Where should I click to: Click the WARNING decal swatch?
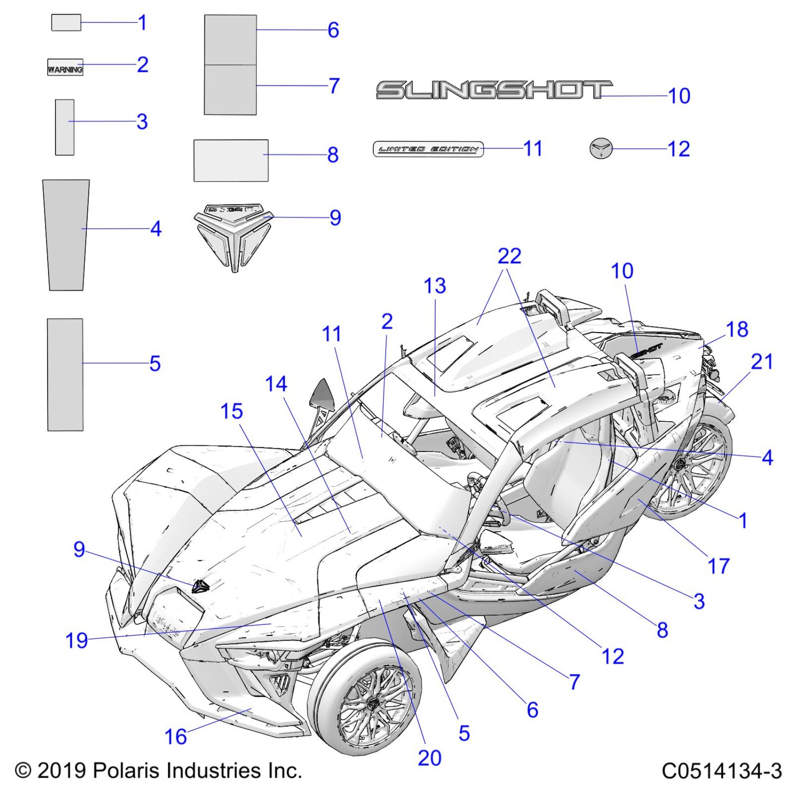(65, 67)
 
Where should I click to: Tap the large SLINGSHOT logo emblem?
(494, 90)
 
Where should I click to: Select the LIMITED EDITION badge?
(428, 149)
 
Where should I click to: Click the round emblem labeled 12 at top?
(600, 148)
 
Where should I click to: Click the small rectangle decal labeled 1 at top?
(66, 22)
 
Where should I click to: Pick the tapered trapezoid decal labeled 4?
(66, 235)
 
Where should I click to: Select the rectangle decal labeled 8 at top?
(231, 160)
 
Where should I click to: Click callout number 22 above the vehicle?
(509, 256)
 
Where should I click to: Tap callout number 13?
(434, 286)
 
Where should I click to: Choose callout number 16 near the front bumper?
(175, 737)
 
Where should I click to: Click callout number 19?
(77, 640)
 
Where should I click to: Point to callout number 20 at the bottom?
(429, 758)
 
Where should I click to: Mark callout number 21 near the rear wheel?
(762, 362)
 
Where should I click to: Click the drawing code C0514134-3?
(721, 771)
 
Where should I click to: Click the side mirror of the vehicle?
(321, 395)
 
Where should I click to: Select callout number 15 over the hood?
(231, 411)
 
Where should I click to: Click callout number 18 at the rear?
(737, 329)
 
